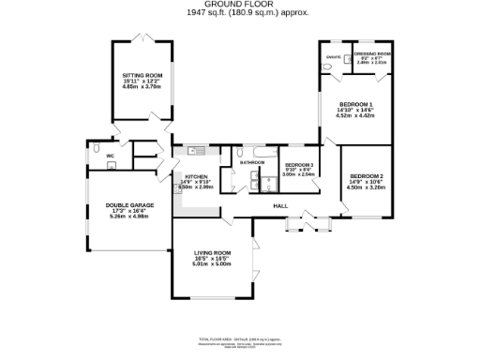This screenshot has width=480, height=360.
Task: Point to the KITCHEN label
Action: [x=195, y=175]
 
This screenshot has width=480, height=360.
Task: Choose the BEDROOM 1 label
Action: [x=355, y=104]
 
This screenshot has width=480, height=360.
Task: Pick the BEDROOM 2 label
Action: [x=367, y=175]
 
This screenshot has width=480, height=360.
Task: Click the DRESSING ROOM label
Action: [x=371, y=53]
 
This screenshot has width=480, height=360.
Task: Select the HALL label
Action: [x=280, y=205]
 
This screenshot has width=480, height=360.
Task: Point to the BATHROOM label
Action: [x=252, y=163]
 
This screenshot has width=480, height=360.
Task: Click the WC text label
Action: [x=110, y=155]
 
